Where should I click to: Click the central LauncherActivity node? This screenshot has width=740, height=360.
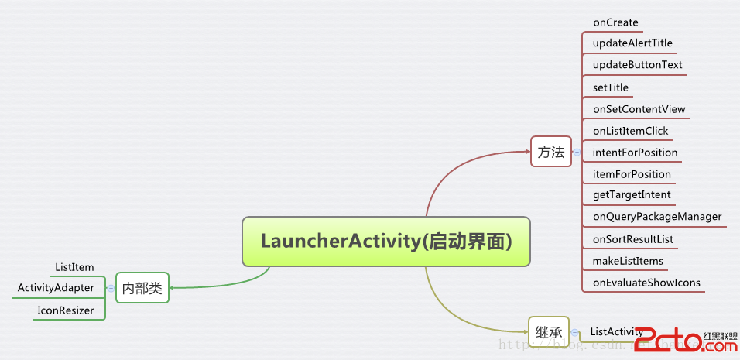[386, 241]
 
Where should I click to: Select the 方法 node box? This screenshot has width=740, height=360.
[550, 152]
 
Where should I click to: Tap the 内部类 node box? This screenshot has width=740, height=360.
[142, 288]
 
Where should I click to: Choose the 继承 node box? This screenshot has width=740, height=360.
[548, 331]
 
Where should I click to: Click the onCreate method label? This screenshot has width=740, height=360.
[615, 22]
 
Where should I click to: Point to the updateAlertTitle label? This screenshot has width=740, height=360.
[632, 43]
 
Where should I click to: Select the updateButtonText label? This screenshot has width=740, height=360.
[637, 65]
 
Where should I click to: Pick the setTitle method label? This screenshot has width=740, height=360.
[611, 87]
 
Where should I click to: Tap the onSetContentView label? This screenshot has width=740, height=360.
[639, 109]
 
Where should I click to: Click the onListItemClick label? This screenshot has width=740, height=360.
[630, 131]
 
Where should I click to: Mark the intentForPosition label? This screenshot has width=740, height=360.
[635, 153]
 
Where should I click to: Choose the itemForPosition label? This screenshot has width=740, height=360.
[632, 174]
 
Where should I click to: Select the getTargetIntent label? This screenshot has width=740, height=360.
[632, 194]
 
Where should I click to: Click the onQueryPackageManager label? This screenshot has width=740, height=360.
[657, 217]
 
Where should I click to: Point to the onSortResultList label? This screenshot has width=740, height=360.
[633, 239]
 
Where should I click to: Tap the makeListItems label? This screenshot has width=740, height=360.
[628, 261]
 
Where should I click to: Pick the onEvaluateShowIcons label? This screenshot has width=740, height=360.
[646, 283]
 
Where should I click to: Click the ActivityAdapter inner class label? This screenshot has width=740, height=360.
[56, 288]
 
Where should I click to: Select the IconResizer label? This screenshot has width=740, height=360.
[65, 310]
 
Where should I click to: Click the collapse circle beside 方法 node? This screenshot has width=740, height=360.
[577, 153]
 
